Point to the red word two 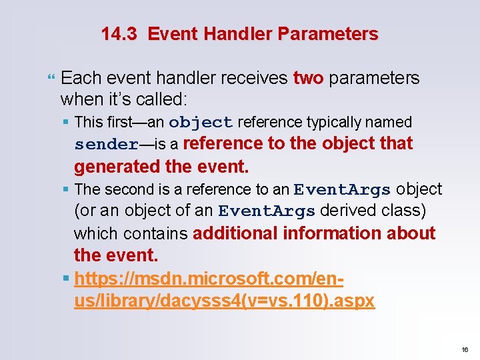308,78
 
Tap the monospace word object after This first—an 201,123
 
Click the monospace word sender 106,145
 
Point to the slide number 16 465,349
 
